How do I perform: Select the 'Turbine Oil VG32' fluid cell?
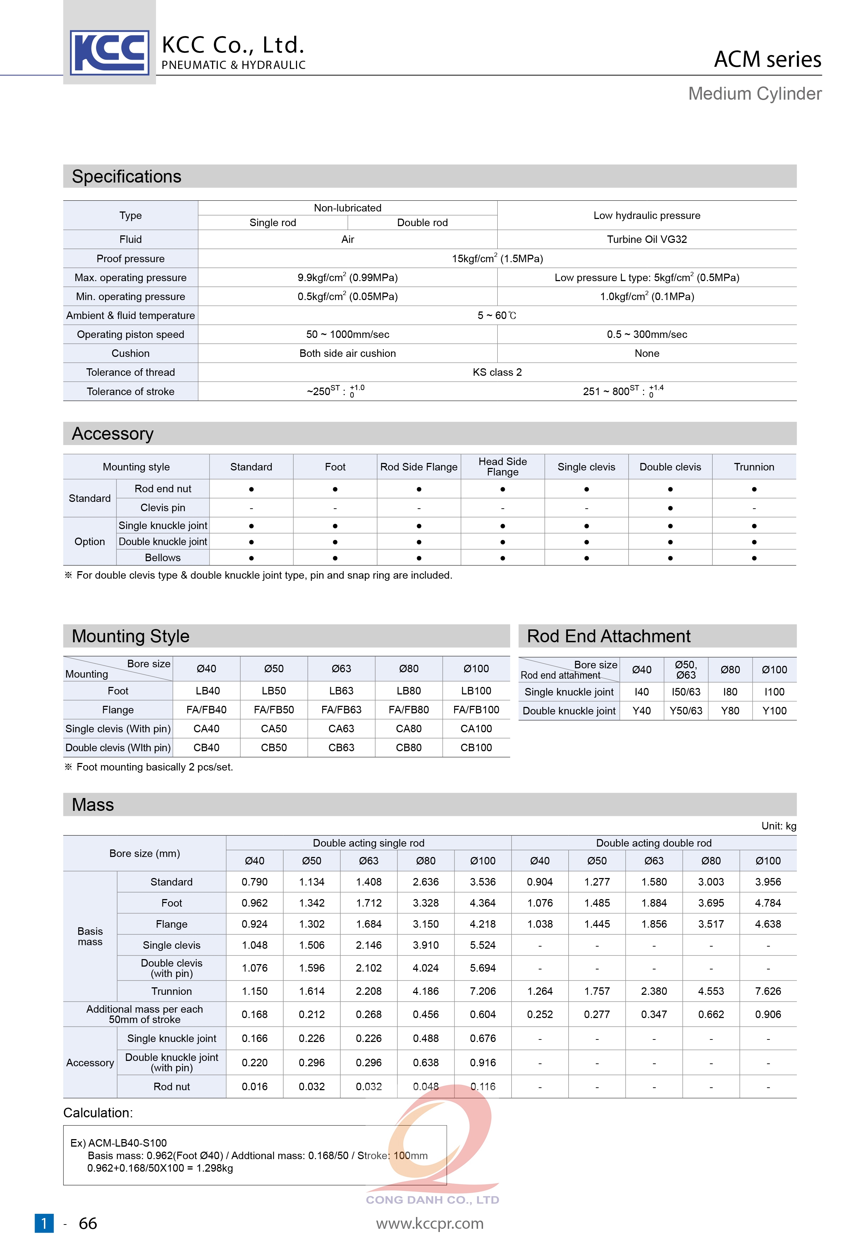(647, 239)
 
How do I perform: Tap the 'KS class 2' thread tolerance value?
(497, 372)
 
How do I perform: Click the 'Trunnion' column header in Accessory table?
(754, 467)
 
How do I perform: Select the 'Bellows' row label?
(162, 557)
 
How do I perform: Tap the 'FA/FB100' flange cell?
(476, 710)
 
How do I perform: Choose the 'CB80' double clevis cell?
(408, 748)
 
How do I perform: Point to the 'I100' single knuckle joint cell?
(774, 692)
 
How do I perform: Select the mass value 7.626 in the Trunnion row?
(768, 991)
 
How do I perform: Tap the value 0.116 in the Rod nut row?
(483, 1086)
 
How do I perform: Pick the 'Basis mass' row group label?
(90, 936)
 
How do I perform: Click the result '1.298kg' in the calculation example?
(215, 1168)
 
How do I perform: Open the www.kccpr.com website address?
(429, 1223)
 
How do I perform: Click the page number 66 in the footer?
(88, 1223)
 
